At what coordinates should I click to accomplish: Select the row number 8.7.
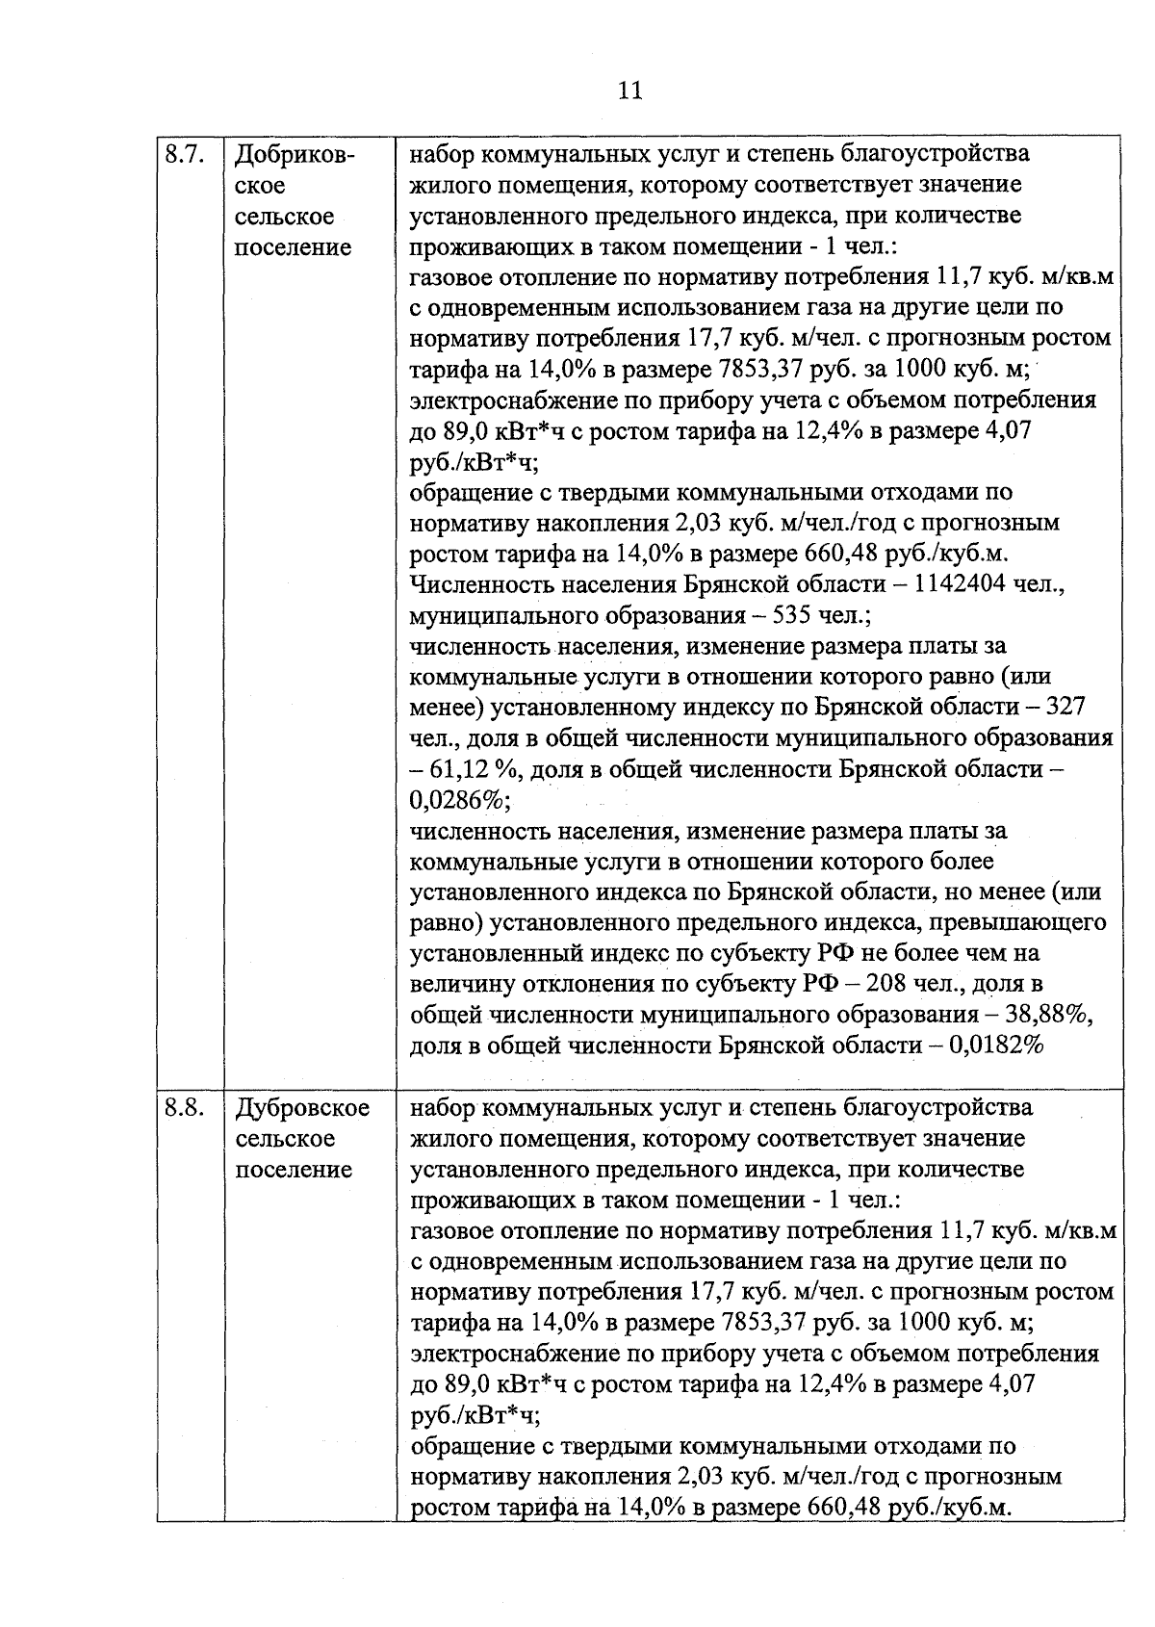click(x=183, y=154)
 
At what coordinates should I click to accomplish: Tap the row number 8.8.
click(x=183, y=1108)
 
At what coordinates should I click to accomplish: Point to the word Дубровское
click(x=302, y=1108)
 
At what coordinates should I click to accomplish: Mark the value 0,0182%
click(x=997, y=1046)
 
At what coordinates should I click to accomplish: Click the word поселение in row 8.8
click(x=294, y=1170)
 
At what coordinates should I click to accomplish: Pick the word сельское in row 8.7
click(x=285, y=216)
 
